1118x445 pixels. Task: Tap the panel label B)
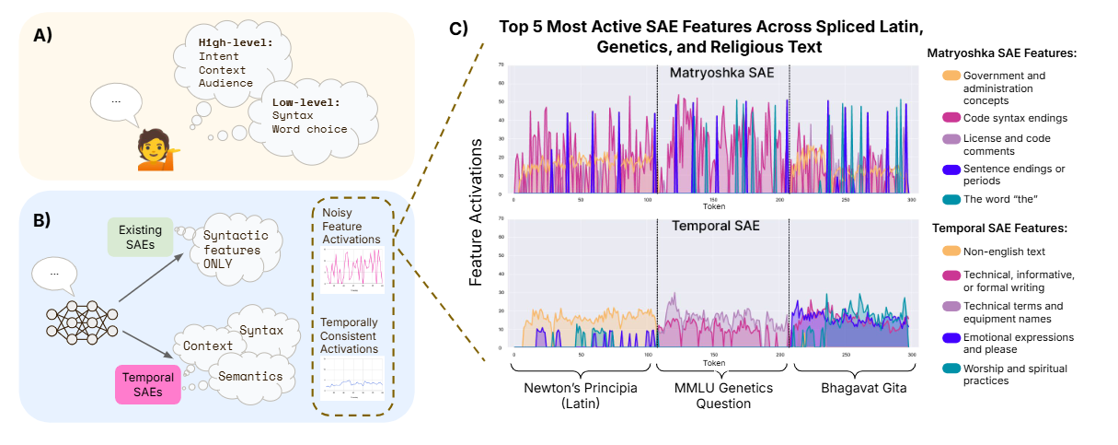pos(42,220)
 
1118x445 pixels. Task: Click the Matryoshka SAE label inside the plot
pos(721,73)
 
